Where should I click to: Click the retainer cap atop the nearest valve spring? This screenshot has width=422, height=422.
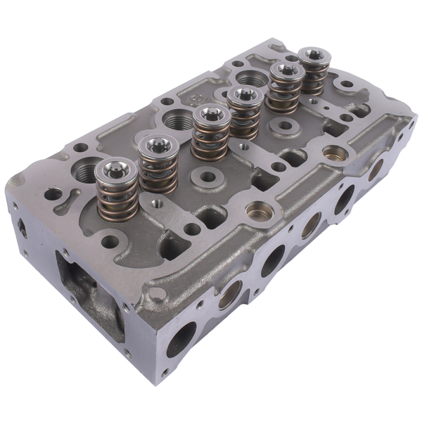[114, 169]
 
